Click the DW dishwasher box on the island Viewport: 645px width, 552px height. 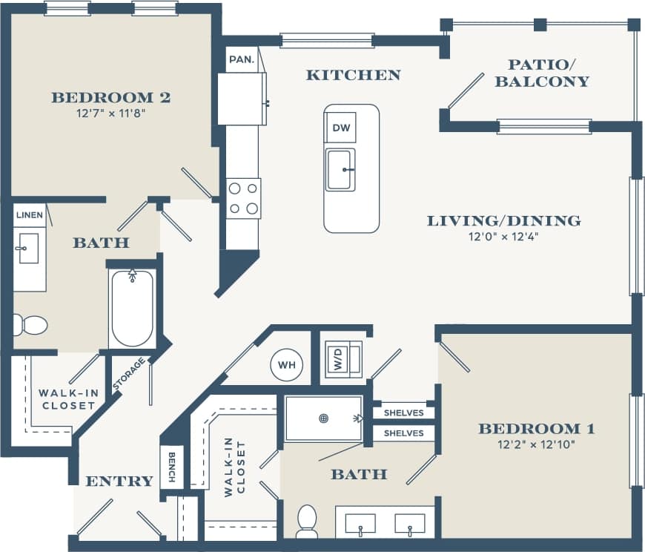[340, 128]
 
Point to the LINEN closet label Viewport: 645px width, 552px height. [29, 216]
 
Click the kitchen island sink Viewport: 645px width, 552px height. [340, 169]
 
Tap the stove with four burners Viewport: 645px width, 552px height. [243, 198]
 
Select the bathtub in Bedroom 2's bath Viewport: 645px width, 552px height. [132, 308]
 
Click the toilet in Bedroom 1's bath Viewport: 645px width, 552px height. [306, 521]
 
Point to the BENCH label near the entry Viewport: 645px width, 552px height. [171, 467]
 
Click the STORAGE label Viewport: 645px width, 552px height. [128, 374]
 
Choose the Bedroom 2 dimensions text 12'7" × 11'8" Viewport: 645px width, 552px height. [110, 114]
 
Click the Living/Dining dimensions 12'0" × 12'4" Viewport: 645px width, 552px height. [503, 237]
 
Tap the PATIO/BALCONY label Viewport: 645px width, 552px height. [542, 73]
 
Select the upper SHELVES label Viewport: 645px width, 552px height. [404, 413]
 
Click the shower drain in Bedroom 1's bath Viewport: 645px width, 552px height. [323, 418]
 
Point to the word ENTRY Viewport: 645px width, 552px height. [119, 482]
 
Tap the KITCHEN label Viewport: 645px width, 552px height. [353, 75]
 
